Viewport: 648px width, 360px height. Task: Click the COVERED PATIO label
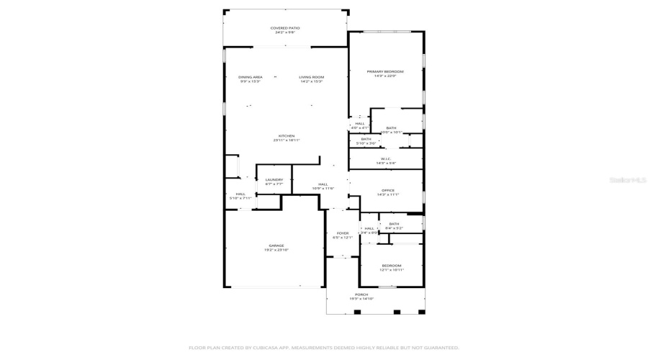[x=285, y=28]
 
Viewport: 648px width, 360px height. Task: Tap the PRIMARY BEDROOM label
[x=385, y=71]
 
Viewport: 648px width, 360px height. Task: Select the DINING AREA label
[x=251, y=77]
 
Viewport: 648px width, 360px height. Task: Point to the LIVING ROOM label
[x=312, y=77]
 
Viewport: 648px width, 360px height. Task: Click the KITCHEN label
[x=287, y=136]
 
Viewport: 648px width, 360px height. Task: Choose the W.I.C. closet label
[x=386, y=159]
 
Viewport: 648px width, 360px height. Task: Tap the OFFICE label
[x=388, y=190]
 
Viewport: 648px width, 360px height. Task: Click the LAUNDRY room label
[x=274, y=180]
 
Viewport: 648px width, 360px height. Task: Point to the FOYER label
[x=343, y=233]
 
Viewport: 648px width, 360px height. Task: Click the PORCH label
[x=361, y=294]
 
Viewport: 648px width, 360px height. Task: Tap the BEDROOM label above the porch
[x=392, y=266]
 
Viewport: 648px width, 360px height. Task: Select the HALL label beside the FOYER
[x=369, y=228]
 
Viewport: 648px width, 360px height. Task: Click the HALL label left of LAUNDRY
[x=240, y=194]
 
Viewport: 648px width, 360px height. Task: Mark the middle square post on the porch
[x=395, y=312]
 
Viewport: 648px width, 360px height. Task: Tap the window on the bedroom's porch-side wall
[x=392, y=288]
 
